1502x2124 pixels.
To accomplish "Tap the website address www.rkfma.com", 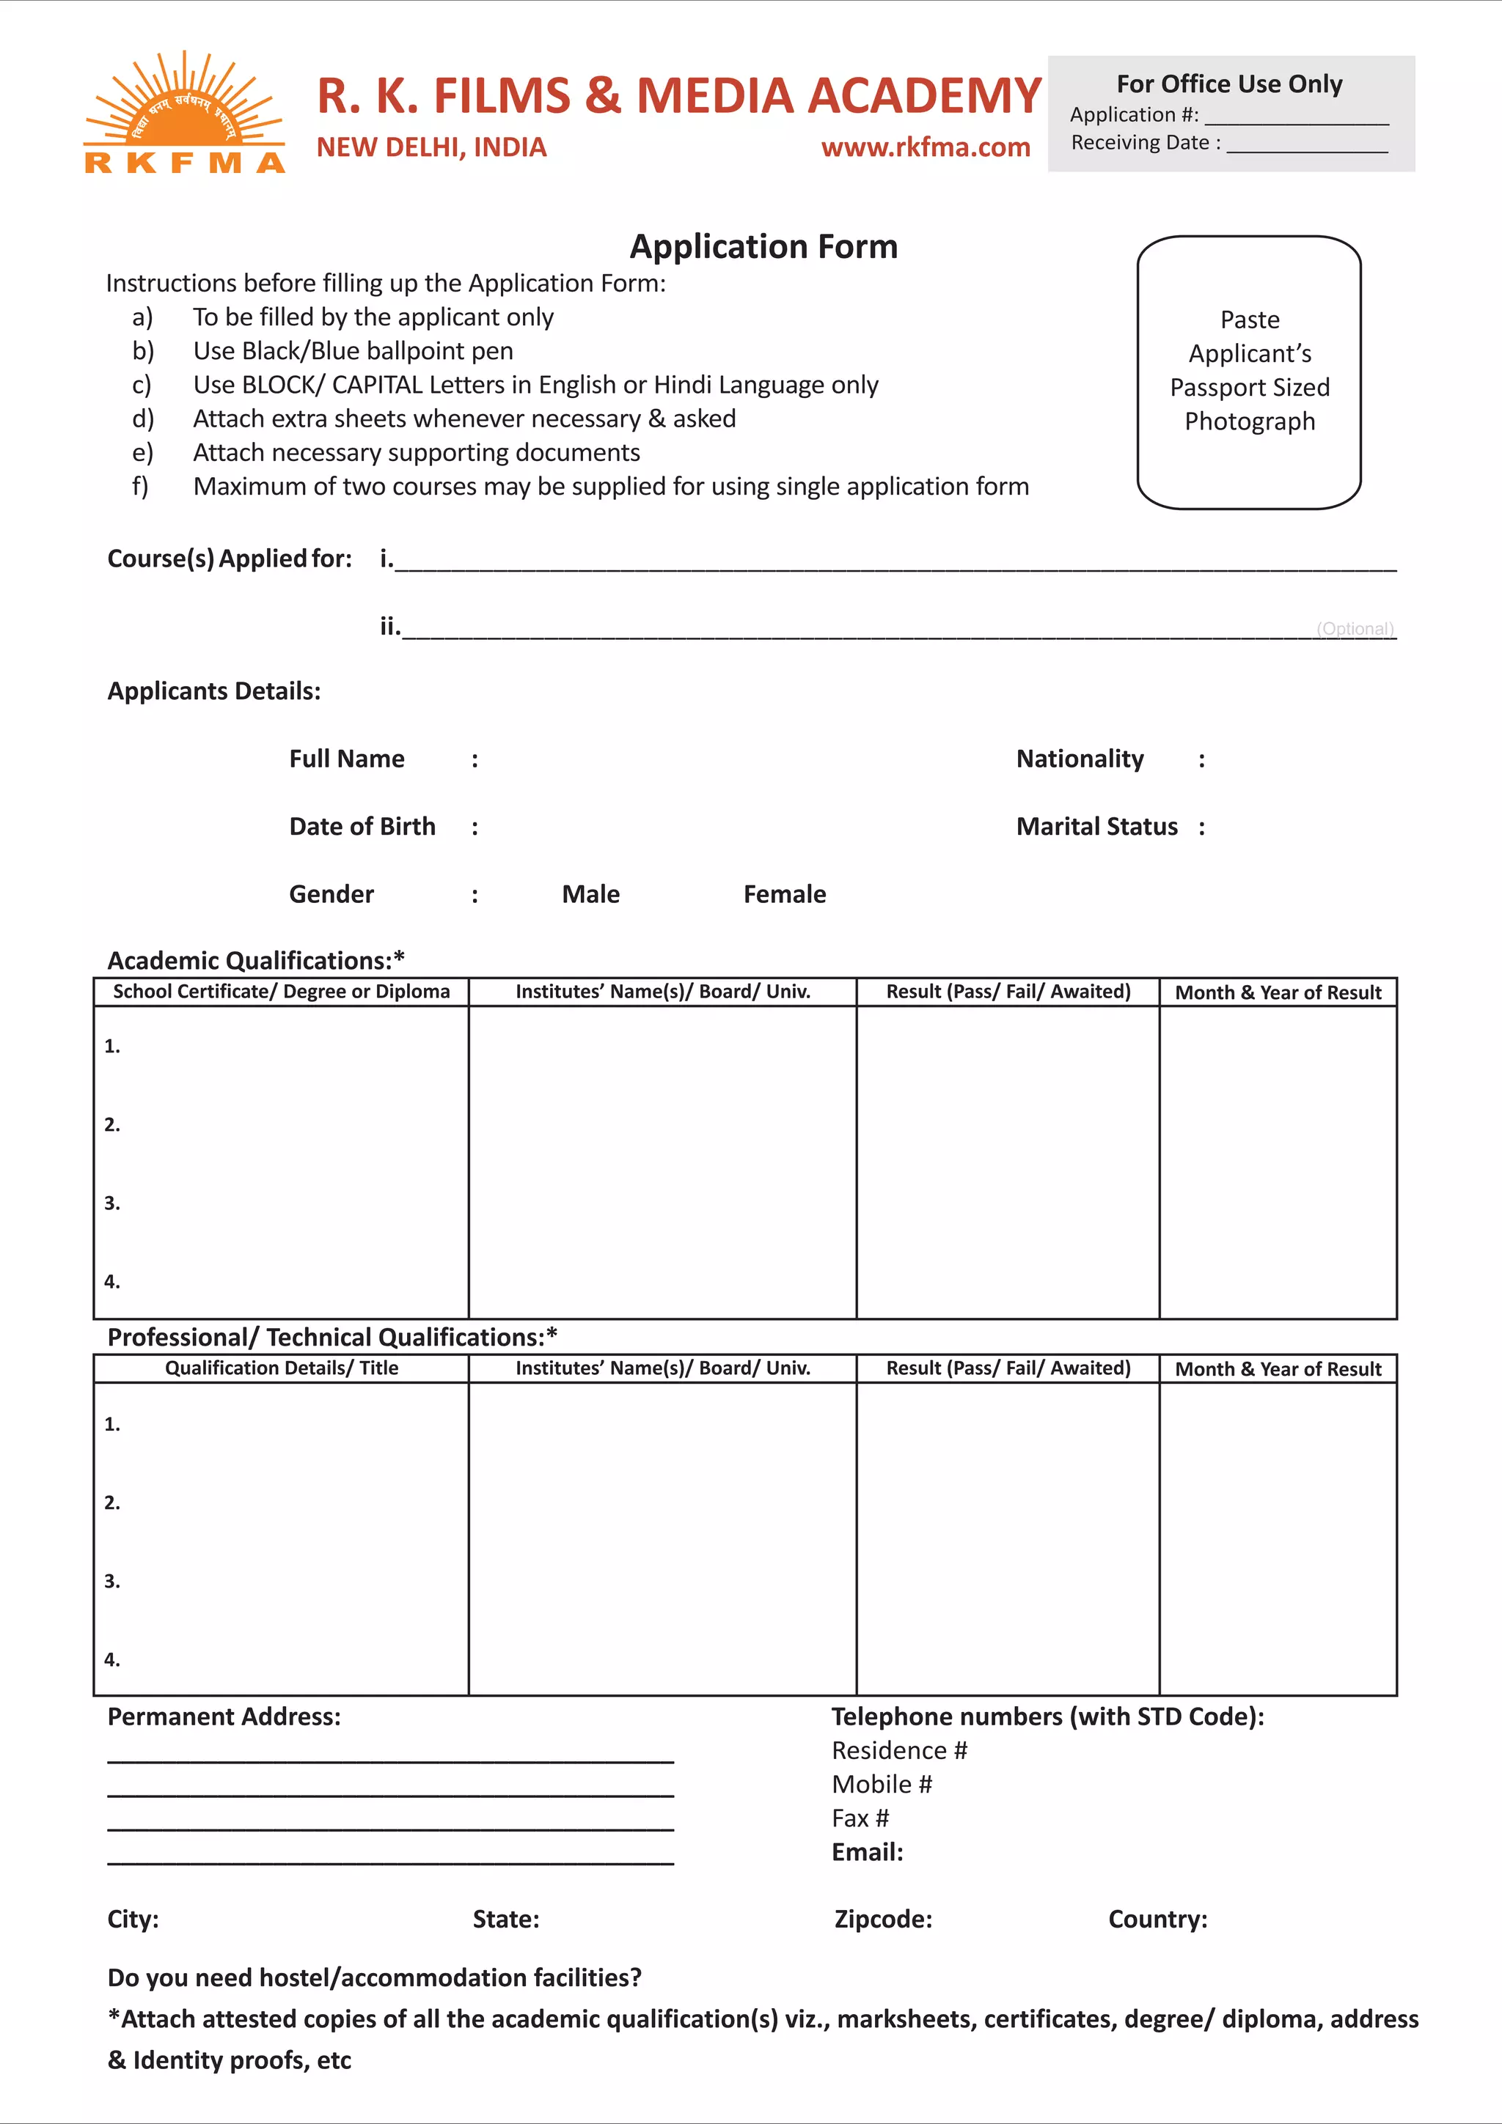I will click(x=926, y=147).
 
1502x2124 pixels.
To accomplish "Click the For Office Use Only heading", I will click(x=1229, y=84).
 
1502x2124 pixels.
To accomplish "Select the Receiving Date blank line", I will click(x=1307, y=145).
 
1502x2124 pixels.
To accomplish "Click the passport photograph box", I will click(x=1248, y=372).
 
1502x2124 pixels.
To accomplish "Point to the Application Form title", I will click(x=763, y=247).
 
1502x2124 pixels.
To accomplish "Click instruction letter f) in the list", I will click(x=141, y=487).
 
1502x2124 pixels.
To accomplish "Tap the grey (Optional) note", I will click(x=1355, y=629).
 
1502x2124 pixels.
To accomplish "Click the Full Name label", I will click(x=346, y=759).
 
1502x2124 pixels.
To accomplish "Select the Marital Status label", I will click(x=1096, y=827).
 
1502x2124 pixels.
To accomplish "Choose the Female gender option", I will click(x=784, y=895).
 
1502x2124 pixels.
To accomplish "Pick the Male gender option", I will click(x=590, y=895).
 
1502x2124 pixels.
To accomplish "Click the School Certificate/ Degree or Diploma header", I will click(x=282, y=992).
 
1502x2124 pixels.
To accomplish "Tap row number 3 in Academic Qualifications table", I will click(x=112, y=1203).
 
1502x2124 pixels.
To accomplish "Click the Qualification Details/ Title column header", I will click(x=282, y=1368).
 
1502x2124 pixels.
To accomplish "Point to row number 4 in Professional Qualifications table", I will click(x=112, y=1659).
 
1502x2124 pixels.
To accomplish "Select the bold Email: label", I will click(x=867, y=1852).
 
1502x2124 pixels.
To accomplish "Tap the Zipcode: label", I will click(x=883, y=1920).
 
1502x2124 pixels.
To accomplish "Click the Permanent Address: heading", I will click(x=224, y=1717).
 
